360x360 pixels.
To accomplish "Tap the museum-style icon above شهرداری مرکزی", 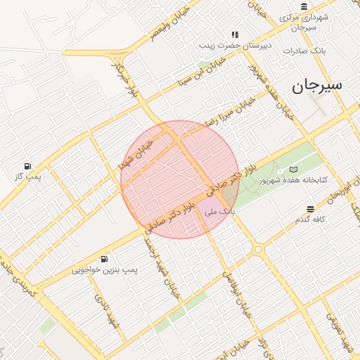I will pos(304,6).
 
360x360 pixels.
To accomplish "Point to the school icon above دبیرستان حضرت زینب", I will pos(235,34).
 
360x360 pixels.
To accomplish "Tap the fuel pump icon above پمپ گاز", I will pos(27,166).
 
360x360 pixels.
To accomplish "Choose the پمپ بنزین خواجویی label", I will pos(106,269).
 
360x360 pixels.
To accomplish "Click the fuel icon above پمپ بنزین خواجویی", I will pos(105,258).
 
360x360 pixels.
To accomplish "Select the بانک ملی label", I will pos(219,211).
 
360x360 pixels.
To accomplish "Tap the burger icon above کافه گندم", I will pos(310,209).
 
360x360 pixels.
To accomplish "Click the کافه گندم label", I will pos(310,220).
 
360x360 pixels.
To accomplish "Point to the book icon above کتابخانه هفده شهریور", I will pos(293,169).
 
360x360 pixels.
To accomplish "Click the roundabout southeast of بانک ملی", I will pos(258,249).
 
